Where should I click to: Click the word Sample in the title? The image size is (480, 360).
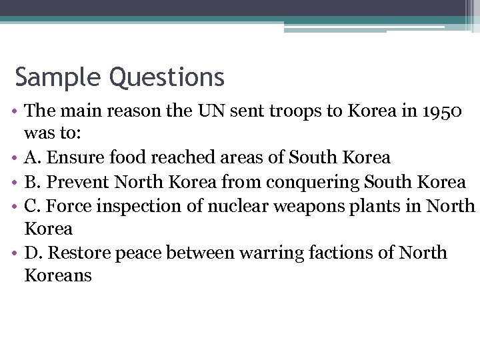pos(59,78)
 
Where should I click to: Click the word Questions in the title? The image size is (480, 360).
pos(167,78)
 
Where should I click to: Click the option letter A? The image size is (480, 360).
pos(31,158)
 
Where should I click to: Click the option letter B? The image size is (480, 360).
pos(30,181)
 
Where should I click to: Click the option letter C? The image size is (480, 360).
pos(31,205)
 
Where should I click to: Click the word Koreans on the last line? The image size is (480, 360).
pos(58,276)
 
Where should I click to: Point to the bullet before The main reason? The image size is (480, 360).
pos(15,111)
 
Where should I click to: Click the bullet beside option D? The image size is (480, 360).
pos(15,253)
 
